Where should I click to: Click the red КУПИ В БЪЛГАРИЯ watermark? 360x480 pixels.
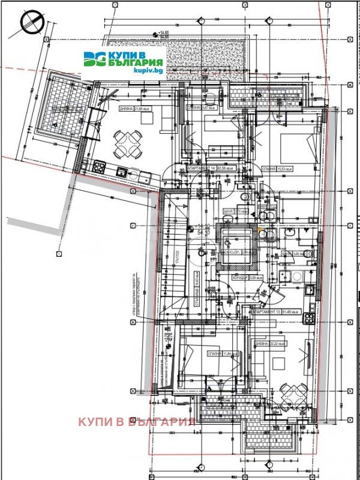click(137, 421)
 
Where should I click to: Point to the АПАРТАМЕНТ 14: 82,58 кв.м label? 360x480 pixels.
click(208, 169)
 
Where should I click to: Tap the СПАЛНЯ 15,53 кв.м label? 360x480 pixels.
click(276, 170)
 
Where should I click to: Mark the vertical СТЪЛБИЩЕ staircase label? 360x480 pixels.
click(196, 293)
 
